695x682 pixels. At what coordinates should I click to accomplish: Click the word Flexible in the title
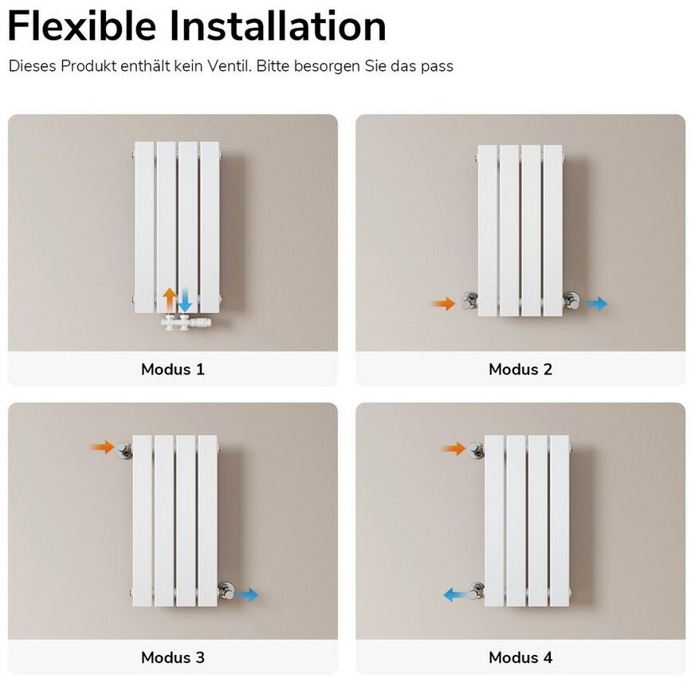[82, 26]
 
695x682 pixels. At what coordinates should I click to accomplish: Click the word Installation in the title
[278, 26]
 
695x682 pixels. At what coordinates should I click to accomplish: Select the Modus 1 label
[173, 369]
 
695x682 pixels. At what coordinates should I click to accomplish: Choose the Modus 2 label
[520, 369]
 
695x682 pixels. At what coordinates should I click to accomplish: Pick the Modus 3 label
[173, 657]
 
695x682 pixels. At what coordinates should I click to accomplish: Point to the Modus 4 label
[520, 657]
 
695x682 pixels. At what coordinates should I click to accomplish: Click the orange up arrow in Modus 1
[169, 299]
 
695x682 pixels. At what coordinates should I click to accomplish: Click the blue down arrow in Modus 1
[185, 300]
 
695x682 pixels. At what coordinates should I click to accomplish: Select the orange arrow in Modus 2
[443, 304]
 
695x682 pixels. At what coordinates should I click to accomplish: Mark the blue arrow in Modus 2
[595, 304]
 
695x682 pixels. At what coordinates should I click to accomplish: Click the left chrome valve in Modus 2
[469, 300]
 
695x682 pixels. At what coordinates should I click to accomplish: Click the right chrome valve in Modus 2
[571, 300]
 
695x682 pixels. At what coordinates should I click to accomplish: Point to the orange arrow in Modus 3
[101, 447]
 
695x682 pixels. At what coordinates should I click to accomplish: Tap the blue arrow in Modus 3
[246, 594]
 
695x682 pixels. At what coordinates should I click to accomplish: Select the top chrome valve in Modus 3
[124, 449]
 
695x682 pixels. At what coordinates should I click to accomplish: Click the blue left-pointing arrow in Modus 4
[455, 594]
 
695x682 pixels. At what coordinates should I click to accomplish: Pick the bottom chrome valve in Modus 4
[476, 590]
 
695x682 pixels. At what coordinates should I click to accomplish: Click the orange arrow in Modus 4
[454, 449]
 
